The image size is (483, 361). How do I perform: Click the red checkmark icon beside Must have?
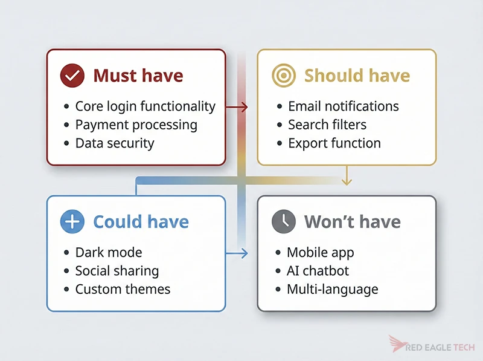click(x=72, y=76)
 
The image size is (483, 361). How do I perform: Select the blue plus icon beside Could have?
click(x=72, y=222)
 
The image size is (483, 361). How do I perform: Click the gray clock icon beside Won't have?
click(x=284, y=222)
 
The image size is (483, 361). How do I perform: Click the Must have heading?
click(x=138, y=76)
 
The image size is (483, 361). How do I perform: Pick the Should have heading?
click(x=357, y=76)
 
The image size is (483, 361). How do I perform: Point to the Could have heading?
click(x=141, y=222)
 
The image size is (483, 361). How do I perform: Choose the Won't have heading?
click(x=352, y=222)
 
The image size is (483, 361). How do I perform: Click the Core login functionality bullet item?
click(x=145, y=106)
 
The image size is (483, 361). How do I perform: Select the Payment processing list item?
click(x=136, y=125)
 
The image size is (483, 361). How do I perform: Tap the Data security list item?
click(x=115, y=143)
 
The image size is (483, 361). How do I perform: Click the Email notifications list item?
click(x=343, y=106)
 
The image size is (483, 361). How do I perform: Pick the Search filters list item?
click(x=327, y=125)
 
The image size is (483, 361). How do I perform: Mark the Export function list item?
click(x=334, y=143)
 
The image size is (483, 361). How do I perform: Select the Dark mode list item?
click(x=109, y=252)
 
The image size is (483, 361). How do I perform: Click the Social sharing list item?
click(x=117, y=271)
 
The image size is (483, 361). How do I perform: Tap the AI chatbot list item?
click(x=318, y=271)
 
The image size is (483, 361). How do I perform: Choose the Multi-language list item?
click(x=332, y=289)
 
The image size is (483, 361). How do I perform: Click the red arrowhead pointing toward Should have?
click(x=244, y=107)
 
